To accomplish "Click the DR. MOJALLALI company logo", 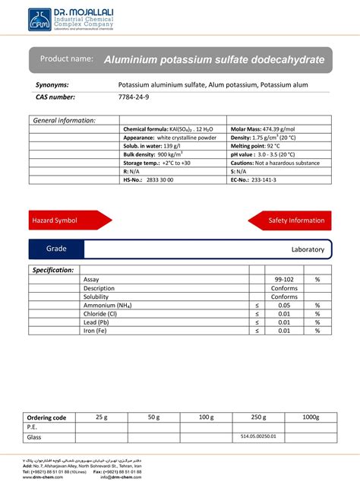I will pos(70,20).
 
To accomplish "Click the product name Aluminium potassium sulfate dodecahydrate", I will pos(213,59).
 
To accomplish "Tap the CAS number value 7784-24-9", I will pos(134,97).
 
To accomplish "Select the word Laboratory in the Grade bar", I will pos(308,249).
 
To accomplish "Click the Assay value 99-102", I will pos(284,280).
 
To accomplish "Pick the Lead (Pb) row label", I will pos(99,322).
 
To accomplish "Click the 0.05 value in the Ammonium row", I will pos(284,305).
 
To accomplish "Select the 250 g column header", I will pos(258,417).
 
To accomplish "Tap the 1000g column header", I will pos(311,417).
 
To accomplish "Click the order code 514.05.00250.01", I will pos(258,436).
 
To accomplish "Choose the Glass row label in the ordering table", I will pos(34,437).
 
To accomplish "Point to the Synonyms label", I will pos(52,84).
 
